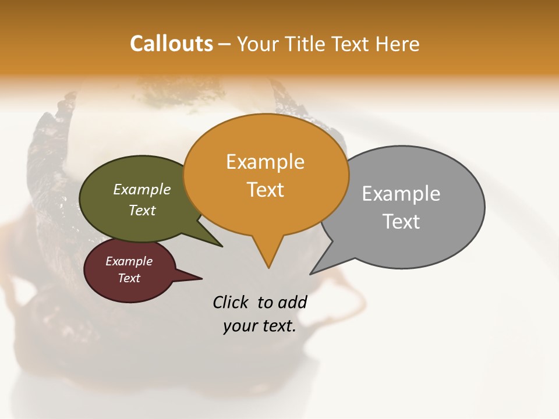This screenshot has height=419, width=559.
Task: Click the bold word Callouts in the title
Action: tap(171, 44)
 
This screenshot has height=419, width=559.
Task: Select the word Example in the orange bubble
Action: tap(265, 162)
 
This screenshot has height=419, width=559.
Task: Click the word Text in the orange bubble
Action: tap(265, 190)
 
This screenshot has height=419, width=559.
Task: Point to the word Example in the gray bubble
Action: tap(401, 194)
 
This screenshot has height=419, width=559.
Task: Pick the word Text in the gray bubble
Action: tap(401, 222)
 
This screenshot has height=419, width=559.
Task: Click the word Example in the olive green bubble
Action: tap(142, 190)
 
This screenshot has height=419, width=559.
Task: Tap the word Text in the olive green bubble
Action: tap(142, 210)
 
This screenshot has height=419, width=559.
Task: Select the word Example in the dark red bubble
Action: tap(129, 261)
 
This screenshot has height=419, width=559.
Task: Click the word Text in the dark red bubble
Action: tap(129, 278)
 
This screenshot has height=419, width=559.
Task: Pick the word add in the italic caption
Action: tap(292, 302)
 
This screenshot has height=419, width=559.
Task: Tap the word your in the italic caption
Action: tap(239, 326)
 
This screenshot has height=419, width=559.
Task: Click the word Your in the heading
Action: tap(256, 44)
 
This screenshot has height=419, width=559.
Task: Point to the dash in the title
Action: tap(225, 44)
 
